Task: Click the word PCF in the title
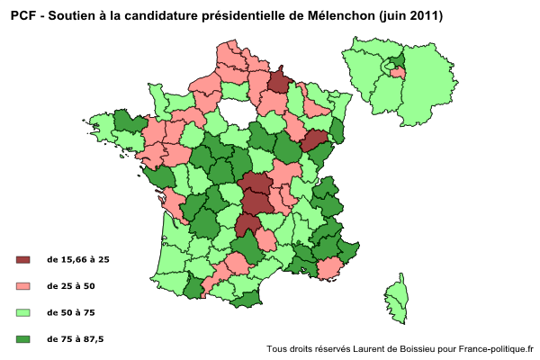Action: (23, 15)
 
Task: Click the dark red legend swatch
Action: (23, 260)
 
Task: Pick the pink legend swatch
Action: (23, 286)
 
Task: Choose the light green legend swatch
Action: (23, 312)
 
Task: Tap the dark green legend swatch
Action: (23, 338)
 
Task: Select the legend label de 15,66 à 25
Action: (78, 260)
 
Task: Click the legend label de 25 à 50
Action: (70, 286)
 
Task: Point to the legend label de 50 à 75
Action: (70, 312)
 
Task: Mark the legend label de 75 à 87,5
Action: (75, 338)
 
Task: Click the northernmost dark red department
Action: (280, 82)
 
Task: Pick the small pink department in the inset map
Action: (397, 73)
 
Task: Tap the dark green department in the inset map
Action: (394, 60)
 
